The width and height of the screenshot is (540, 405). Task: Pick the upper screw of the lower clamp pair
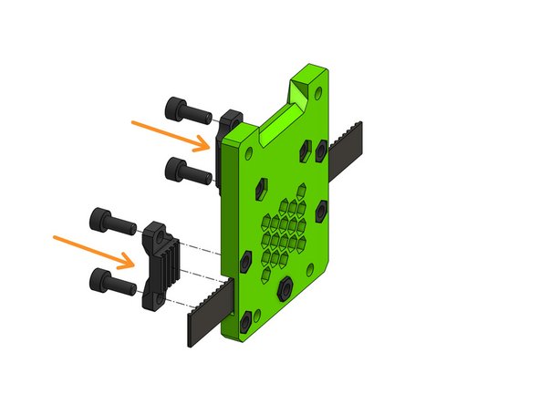click(x=108, y=220)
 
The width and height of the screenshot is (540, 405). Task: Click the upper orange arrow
click(x=172, y=134)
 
